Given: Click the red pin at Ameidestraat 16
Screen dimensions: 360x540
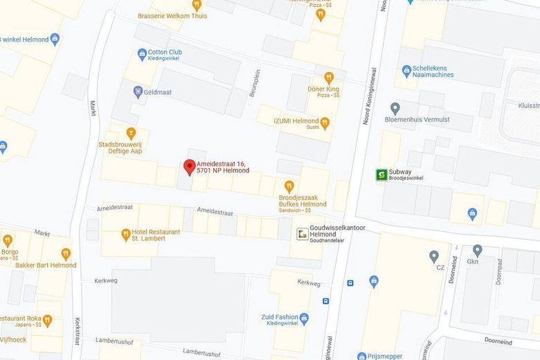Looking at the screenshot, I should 188,167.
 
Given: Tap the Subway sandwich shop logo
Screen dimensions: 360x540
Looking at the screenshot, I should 381,174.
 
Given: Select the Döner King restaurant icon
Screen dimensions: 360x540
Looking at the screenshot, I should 329,78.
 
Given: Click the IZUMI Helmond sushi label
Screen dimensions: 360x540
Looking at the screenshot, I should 296,120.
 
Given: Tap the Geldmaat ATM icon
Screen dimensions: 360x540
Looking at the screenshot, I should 138,91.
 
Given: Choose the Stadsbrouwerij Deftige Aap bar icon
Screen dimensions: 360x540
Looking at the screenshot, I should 130,133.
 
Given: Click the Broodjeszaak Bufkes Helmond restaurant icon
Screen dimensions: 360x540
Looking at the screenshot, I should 289,186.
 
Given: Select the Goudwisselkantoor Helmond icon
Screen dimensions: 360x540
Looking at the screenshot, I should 303,234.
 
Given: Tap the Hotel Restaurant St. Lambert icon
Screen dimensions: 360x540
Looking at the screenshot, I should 125,234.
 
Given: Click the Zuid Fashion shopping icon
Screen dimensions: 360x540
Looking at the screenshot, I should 304,318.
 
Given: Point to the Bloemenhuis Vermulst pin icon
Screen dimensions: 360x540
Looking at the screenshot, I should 395,108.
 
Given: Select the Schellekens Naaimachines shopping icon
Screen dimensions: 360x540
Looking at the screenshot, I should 407,70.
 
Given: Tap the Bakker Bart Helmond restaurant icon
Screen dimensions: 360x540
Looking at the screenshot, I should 66,254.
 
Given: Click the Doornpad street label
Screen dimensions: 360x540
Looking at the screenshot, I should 498,272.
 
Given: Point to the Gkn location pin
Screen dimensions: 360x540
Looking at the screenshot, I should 477,250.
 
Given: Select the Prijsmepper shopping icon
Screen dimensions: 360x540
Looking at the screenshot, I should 361,356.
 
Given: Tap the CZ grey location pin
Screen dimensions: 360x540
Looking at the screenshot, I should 434,256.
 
